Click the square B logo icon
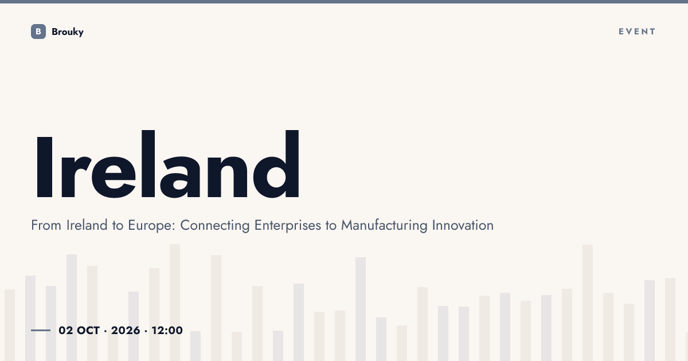coord(38,32)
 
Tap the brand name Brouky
coord(68,32)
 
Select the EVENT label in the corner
coord(637,32)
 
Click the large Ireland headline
coord(167,164)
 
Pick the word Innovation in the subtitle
coord(463,225)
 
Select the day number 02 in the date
coord(66,331)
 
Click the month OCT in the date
coord(88,331)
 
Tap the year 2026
coord(126,331)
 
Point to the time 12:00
coord(167,331)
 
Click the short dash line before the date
coord(41,330)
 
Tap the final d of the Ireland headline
coord(276,164)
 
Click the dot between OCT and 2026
coord(105,331)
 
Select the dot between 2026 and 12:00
coord(146,331)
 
